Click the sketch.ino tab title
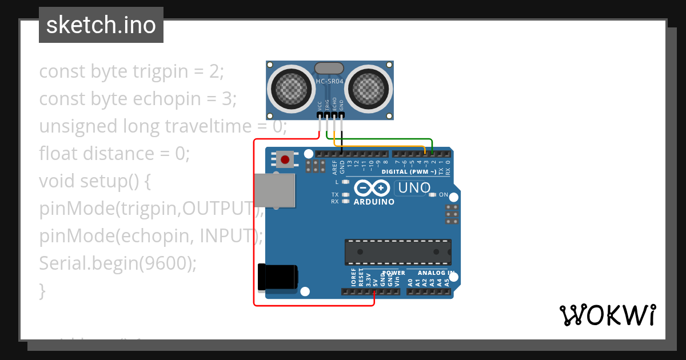pyautogui.click(x=101, y=25)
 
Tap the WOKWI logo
pyautogui.click(x=607, y=315)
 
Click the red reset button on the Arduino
pyautogui.click(x=285, y=158)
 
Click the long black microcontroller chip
pyautogui.click(x=398, y=252)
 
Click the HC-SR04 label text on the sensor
pyautogui.click(x=329, y=81)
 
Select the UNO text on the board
pyautogui.click(x=414, y=187)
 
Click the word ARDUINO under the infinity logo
pyautogui.click(x=374, y=202)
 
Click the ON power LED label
pyautogui.click(x=444, y=195)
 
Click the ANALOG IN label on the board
pyautogui.click(x=436, y=273)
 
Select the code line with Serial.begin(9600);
pyautogui.click(x=118, y=263)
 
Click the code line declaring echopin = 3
pyautogui.click(x=138, y=99)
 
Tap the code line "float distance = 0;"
pyautogui.click(x=114, y=154)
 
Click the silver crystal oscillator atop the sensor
pyautogui.click(x=329, y=69)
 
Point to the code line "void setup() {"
pyautogui.click(x=94, y=181)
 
